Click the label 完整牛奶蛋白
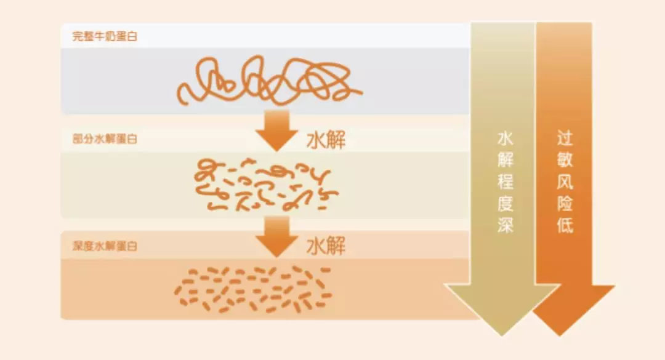[x=105, y=36]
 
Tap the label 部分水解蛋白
[x=105, y=139]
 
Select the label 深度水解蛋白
[x=105, y=246]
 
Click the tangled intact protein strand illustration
[x=269, y=81]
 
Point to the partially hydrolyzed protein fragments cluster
[x=265, y=185]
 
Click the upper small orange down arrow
[x=277, y=130]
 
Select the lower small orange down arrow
[x=277, y=236]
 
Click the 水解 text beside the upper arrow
[x=326, y=140]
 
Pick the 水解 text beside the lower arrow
[x=326, y=246]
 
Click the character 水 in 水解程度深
[x=505, y=138]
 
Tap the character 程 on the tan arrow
[x=505, y=182]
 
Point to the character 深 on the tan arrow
[x=505, y=224]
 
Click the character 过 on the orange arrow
[x=565, y=138]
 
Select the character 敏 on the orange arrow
[x=565, y=160]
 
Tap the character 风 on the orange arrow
[x=565, y=182]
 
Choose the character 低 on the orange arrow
[x=565, y=225]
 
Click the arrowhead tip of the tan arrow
[x=502, y=336]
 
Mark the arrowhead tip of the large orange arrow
[x=560, y=336]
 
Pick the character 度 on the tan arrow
[x=505, y=202]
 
